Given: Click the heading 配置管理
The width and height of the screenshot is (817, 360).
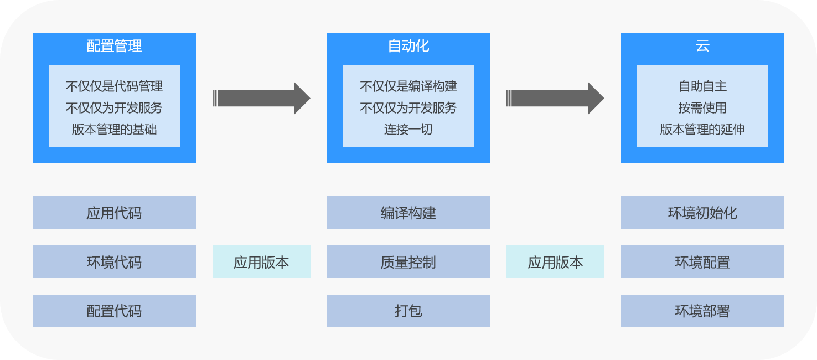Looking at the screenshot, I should [114, 46].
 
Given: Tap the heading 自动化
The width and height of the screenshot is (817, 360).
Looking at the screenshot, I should [408, 46].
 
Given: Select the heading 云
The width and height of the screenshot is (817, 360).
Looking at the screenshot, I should [702, 46].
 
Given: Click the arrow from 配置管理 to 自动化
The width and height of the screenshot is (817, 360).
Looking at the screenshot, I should [261, 99].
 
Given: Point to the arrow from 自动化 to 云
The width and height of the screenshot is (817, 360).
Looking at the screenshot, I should [555, 99].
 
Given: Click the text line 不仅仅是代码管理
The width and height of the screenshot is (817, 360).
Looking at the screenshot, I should [114, 86].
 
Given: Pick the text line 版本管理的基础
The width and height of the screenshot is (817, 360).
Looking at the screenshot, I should [114, 130].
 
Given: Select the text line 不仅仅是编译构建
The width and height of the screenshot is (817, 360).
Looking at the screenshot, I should [408, 86].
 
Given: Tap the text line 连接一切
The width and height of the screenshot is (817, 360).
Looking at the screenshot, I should [408, 130].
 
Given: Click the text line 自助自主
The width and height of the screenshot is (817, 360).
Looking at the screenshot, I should [702, 86].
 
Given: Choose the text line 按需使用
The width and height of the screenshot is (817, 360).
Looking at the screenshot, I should [702, 108].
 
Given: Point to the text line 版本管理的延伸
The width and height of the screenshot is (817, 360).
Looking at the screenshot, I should [702, 130].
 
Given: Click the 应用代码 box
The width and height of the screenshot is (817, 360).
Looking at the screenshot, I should [114, 213].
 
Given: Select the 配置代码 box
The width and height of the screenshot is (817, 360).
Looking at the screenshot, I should [114, 311].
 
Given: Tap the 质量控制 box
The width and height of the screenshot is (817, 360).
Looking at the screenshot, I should [408, 262].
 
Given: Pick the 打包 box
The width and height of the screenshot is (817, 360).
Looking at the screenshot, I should [408, 311].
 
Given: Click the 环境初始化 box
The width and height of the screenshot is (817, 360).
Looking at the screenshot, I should [702, 213].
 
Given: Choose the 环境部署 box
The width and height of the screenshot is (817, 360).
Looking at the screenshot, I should [702, 311].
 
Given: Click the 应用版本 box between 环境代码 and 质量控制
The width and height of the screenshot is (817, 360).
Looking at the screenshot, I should [261, 262].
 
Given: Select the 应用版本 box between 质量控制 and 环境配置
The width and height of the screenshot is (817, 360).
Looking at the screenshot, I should [555, 262].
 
